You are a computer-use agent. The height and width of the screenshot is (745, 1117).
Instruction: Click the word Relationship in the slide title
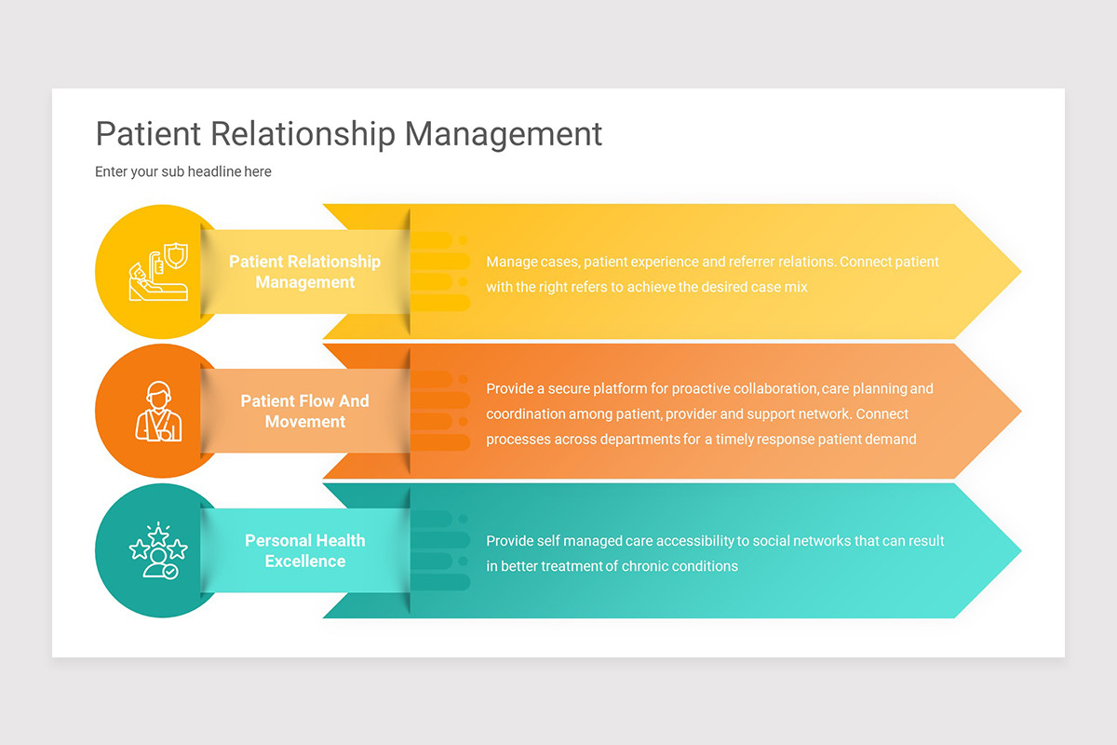coord(303,134)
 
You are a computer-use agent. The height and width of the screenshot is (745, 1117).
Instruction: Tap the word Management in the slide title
coord(504,134)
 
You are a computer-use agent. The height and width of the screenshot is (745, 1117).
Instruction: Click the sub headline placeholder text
coord(183,171)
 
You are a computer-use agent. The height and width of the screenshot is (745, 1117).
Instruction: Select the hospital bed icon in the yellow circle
coord(159,272)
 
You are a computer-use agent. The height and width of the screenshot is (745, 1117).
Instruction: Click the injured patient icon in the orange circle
coord(159,411)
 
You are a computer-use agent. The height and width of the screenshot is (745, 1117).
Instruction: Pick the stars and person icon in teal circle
coord(159,550)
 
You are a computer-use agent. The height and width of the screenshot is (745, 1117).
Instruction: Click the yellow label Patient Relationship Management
coord(305,272)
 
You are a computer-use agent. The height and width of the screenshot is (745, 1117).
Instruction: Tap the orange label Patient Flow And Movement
coord(305,411)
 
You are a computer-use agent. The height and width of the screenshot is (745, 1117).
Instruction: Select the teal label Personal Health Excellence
coord(305,550)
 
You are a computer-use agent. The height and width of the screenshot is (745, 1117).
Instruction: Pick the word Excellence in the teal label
coord(305,562)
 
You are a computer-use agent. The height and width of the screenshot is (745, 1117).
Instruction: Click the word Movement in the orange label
coord(305,422)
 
